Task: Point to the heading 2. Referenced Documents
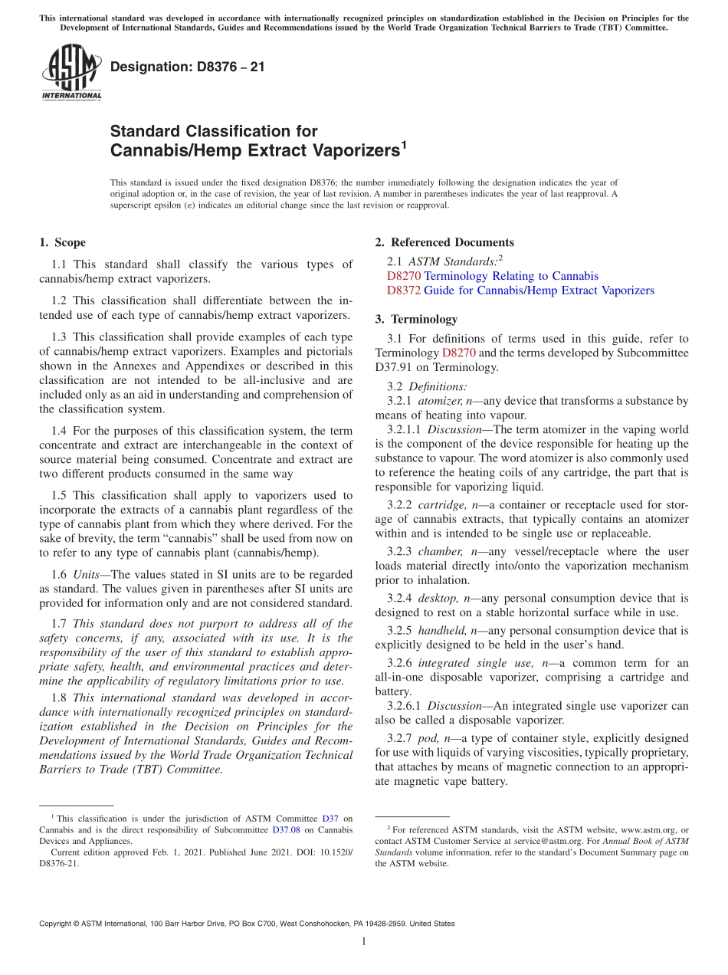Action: coord(444,243)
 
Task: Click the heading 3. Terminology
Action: coord(416,319)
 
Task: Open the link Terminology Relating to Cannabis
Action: coord(511,276)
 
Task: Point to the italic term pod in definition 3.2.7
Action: coord(427,738)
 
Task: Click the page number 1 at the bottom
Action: coord(364,941)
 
